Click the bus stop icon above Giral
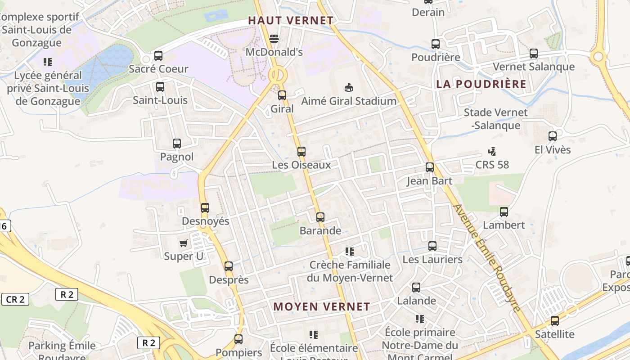pos(282,95)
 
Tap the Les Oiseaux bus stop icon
pos(301,152)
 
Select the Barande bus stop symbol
pos(320,217)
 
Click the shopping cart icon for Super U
pos(183,243)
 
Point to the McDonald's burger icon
pos(274,39)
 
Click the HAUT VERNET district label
pos(291,21)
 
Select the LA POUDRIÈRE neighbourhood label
pos(481,84)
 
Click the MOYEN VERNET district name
pos(322,307)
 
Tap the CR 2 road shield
pos(15,299)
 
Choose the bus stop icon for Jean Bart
pos(430,167)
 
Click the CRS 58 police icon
pos(492,151)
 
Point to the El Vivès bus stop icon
pos(553,136)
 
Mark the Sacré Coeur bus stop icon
pos(158,56)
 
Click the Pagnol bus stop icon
pos(177,144)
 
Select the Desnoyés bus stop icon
pos(205,208)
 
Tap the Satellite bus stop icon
pos(555,321)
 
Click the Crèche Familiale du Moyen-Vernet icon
pos(350,252)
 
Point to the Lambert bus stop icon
pos(504,211)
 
